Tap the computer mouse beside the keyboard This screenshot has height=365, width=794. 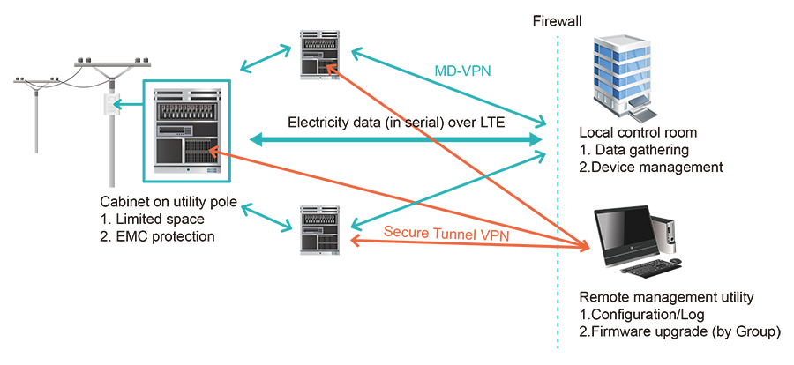point(676,261)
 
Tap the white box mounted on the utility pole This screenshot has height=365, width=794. point(110,105)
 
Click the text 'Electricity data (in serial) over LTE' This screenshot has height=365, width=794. point(396,122)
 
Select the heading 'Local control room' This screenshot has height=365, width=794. point(637,133)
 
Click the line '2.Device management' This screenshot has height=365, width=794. point(651,167)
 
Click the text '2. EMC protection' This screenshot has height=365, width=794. point(159,237)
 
